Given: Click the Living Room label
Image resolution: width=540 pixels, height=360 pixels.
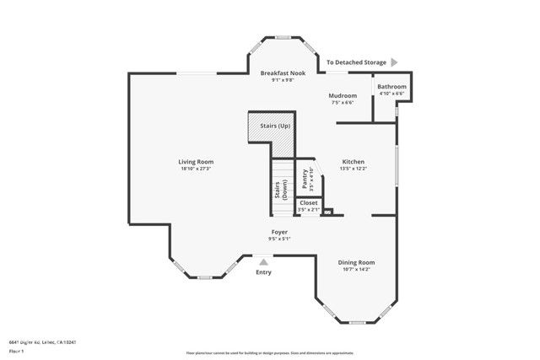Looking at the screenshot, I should coord(195,162).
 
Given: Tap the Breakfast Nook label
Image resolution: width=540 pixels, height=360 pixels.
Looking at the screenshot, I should coord(282,73).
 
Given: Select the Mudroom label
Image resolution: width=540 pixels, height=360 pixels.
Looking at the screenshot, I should coord(342,96).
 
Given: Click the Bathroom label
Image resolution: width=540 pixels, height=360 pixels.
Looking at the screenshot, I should coord(391,87).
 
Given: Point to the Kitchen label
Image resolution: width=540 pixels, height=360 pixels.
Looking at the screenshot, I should coord(353,161).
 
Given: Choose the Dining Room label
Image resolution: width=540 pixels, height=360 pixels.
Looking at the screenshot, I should coord(356,262).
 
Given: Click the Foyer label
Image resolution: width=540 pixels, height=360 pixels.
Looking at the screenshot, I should coord(279,231).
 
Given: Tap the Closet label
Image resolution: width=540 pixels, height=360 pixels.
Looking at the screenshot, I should coord(308,202).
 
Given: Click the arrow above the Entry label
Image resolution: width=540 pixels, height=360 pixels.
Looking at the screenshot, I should coord(263,262).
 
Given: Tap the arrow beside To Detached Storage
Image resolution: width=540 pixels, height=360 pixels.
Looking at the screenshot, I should coord(393,62).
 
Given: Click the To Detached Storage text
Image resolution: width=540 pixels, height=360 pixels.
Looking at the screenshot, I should coord(356,62).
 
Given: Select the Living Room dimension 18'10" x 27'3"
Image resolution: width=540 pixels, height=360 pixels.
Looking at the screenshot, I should coord(195,169).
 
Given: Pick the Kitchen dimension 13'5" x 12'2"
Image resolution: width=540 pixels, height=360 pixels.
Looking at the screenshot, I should coord(353,169).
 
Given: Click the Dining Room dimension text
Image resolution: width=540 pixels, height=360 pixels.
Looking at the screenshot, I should coord(356,270).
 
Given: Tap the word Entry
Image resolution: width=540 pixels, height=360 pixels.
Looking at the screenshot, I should coord(263,272).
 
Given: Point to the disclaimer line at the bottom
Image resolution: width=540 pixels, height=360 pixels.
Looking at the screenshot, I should coord(270,353).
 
